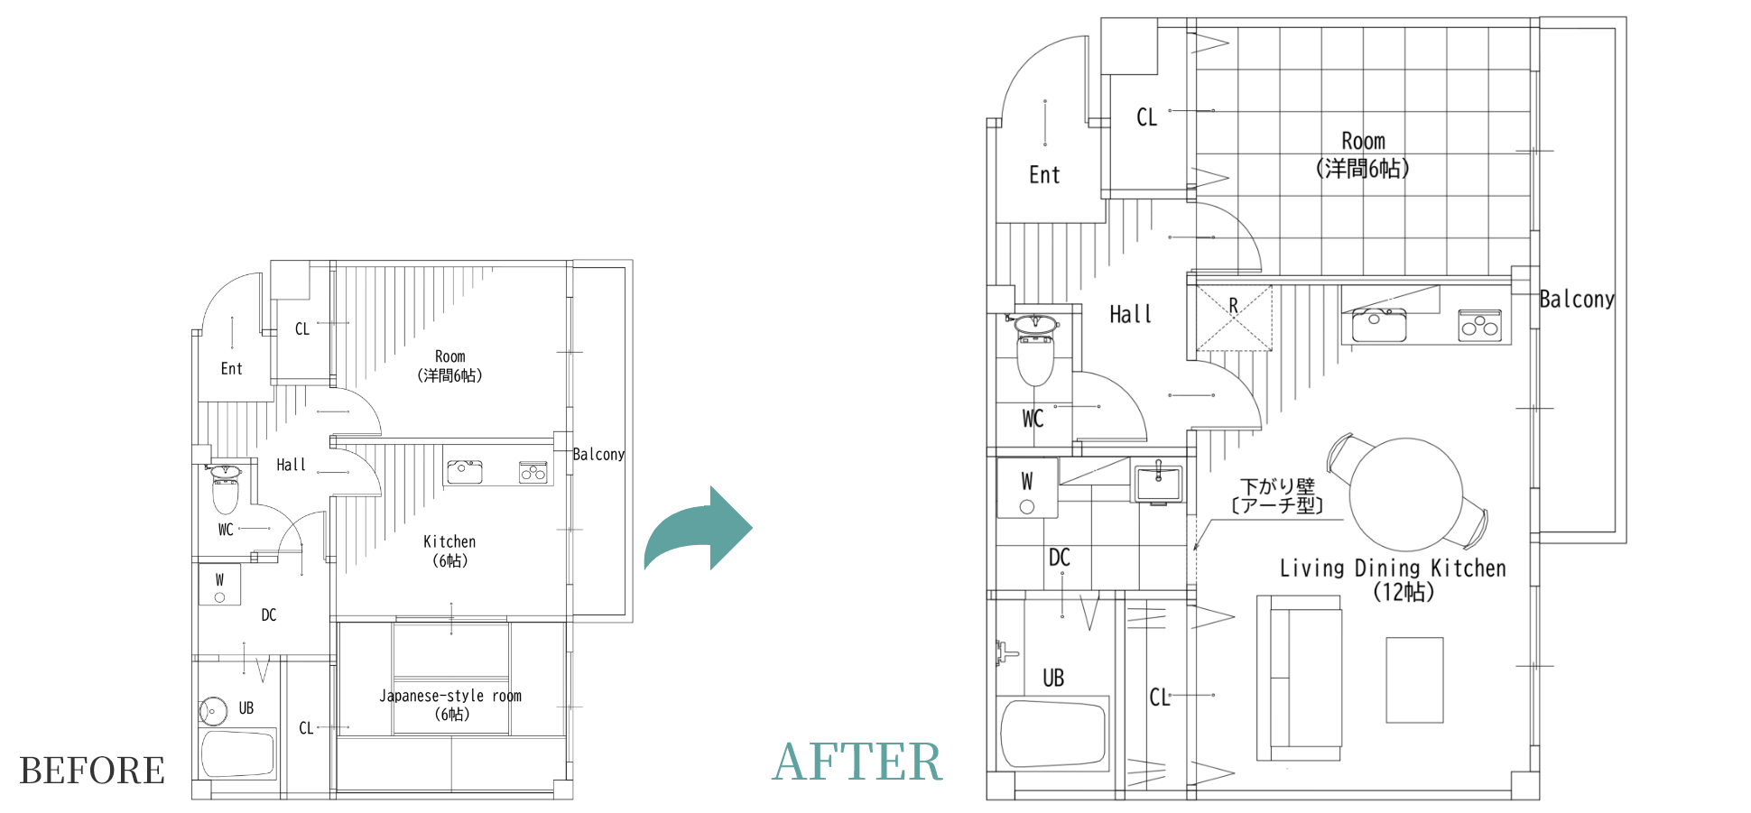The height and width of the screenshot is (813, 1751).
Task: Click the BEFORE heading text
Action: [x=92, y=771]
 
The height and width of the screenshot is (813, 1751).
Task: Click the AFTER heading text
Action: [x=857, y=761]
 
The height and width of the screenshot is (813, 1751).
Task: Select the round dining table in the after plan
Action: [x=1405, y=494]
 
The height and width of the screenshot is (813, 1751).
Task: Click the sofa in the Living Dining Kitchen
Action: [x=1299, y=678]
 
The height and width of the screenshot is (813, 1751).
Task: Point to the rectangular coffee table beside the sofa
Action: [x=1414, y=680]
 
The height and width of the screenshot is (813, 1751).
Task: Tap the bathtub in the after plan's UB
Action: [x=1052, y=733]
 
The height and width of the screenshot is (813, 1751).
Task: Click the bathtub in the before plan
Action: [x=238, y=753]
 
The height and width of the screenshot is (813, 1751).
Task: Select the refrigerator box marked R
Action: [x=1234, y=318]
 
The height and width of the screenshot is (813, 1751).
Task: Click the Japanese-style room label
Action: [x=450, y=705]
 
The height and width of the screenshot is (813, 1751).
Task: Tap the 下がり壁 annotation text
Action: [x=1277, y=486]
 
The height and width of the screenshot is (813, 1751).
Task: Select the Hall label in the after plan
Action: [x=1130, y=314]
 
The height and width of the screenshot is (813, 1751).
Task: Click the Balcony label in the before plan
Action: [x=598, y=454]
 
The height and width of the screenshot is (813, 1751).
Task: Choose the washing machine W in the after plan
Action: [x=1027, y=488]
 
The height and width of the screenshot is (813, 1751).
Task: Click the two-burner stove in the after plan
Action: [x=1480, y=326]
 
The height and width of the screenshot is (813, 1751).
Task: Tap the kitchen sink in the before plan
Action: [x=464, y=471]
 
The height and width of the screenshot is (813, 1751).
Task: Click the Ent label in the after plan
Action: [x=1044, y=174]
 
